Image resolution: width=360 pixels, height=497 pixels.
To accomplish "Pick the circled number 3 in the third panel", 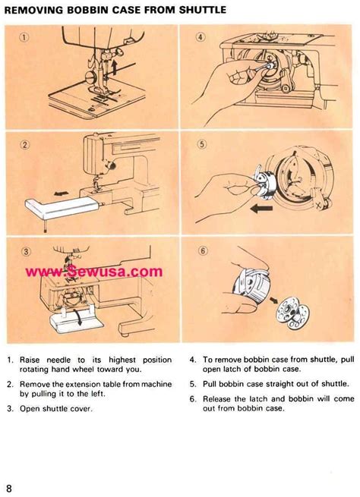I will [25, 253].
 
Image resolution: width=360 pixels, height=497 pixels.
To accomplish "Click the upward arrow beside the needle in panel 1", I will [113, 70].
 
